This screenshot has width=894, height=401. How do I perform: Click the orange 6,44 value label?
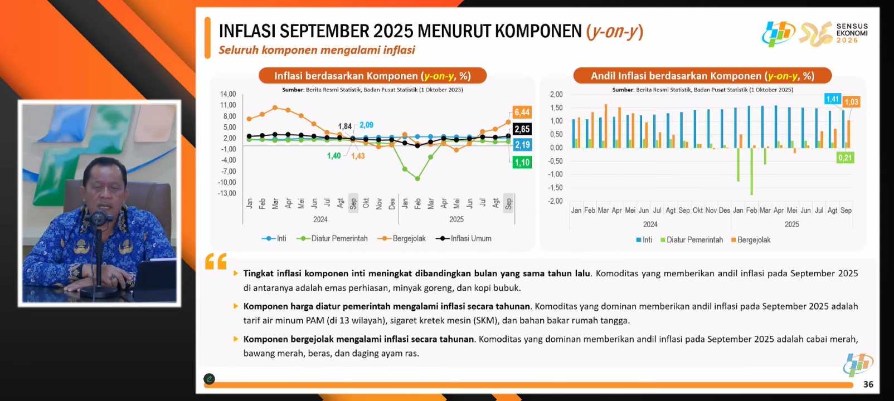click(522, 113)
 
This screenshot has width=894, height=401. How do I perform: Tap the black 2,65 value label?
click(522, 129)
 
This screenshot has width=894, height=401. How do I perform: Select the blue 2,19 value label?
click(522, 145)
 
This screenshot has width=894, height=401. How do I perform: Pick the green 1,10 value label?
click(522, 163)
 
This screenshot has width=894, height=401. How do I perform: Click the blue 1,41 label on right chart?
click(833, 99)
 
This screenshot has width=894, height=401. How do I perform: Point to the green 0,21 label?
click(845, 158)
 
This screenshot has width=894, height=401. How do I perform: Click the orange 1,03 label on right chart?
click(851, 102)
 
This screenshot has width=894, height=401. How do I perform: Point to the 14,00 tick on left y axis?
click(228, 94)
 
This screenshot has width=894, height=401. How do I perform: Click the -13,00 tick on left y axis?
click(227, 193)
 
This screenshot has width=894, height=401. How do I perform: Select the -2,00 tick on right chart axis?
click(556, 201)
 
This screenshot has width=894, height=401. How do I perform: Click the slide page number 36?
click(868, 384)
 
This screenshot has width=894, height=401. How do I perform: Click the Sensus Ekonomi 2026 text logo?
click(852, 33)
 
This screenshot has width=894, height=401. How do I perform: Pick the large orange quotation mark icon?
click(216, 262)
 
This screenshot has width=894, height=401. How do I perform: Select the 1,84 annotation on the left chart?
click(344, 126)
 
